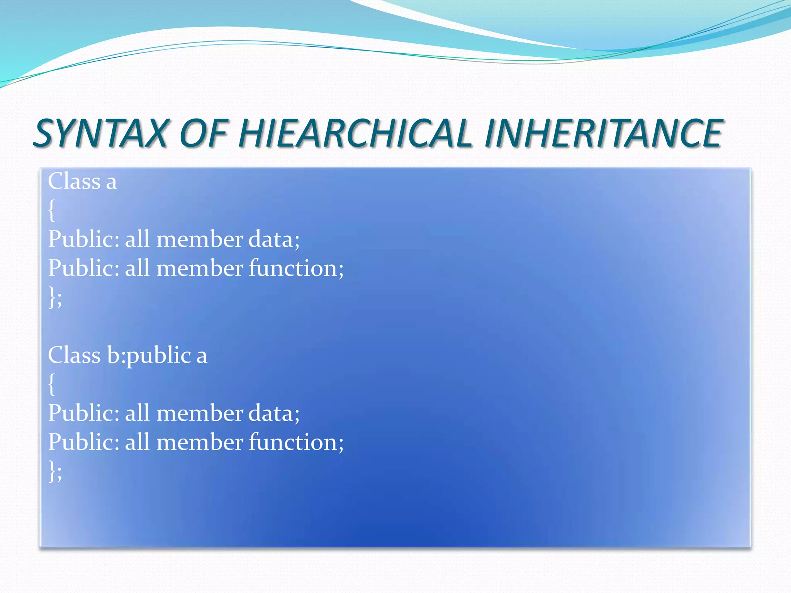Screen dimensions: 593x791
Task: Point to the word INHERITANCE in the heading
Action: [603, 133]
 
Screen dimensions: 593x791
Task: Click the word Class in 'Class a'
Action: [74, 181]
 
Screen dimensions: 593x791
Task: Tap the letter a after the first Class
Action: [111, 182]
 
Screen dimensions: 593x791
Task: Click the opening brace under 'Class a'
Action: [51, 211]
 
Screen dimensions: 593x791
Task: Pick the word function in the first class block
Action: [295, 268]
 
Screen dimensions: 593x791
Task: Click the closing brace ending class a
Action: [52, 297]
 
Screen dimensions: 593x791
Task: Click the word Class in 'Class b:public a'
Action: [74, 355]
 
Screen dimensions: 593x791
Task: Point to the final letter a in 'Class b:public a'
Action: [202, 356]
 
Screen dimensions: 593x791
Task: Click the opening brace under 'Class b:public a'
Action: [51, 385]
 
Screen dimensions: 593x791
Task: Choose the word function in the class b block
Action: [295, 442]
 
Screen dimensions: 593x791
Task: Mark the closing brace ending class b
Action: [52, 471]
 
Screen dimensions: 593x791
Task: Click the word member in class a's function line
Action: [200, 268]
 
